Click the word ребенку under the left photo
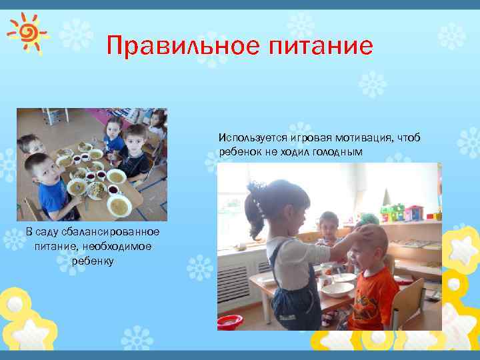93,261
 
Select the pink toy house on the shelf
414,213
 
